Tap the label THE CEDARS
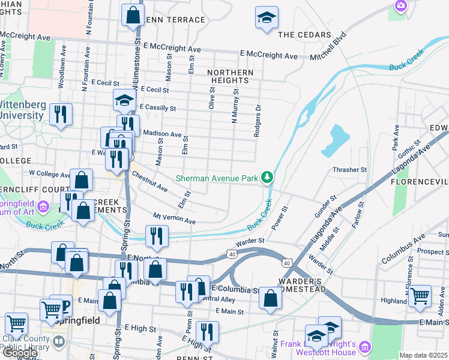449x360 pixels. click(305, 35)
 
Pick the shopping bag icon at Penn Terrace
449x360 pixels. click(133, 16)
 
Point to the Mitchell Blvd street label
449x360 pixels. click(329, 49)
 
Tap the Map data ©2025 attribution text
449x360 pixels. click(423, 355)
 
